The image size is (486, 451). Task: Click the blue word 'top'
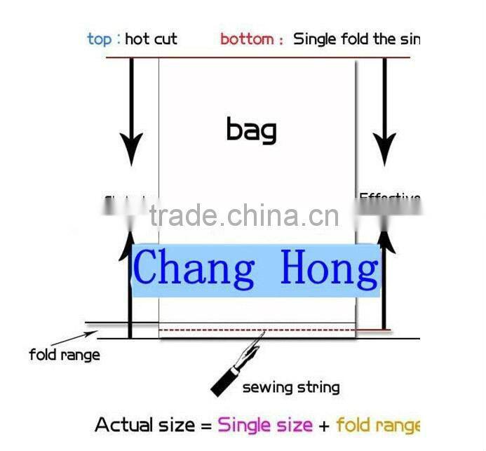pyautogui.click(x=99, y=39)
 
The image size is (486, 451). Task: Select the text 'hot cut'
pyautogui.click(x=151, y=39)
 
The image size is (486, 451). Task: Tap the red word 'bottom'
pyautogui.click(x=247, y=39)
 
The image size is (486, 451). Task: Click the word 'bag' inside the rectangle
pyautogui.click(x=251, y=130)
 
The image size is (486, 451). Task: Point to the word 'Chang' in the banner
pyautogui.click(x=194, y=269)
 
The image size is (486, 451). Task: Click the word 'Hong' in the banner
pyautogui.click(x=328, y=269)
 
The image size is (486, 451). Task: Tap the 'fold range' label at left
pyautogui.click(x=64, y=355)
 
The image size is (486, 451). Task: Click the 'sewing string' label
pyautogui.click(x=290, y=386)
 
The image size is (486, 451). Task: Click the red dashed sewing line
pyautogui.click(x=257, y=329)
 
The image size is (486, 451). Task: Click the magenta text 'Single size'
pyautogui.click(x=265, y=424)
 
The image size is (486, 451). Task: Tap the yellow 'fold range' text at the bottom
pyautogui.click(x=377, y=425)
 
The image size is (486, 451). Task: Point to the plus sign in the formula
pyautogui.click(x=324, y=425)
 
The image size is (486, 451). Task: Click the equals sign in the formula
pyautogui.click(x=205, y=425)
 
